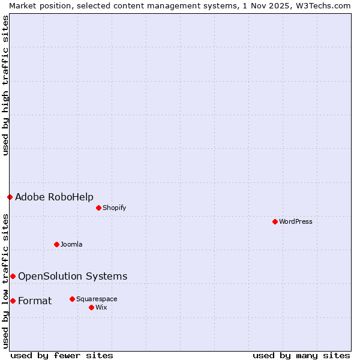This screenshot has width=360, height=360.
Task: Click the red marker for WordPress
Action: point(275,221)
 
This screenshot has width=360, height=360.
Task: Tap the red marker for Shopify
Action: point(98,208)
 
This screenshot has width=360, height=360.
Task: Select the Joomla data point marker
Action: point(56,244)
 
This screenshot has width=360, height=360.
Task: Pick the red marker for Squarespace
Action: point(72,299)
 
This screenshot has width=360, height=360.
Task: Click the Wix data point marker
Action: point(91,307)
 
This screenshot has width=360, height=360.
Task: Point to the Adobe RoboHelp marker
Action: point(10,197)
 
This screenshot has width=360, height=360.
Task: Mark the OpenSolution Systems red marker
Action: point(13,276)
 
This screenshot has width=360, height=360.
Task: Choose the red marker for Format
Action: point(13,301)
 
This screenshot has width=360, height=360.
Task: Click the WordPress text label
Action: point(296,221)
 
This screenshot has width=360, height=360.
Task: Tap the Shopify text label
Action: point(114,208)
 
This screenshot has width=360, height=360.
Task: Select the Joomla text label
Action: point(71,244)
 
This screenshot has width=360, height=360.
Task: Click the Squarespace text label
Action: point(97,299)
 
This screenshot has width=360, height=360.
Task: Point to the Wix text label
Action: point(101,307)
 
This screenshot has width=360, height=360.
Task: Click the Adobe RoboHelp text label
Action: point(54,197)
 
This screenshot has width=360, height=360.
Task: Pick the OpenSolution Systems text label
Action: point(73,276)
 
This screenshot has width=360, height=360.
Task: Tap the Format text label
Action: point(35,301)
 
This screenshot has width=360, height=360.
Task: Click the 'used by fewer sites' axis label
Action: point(62,355)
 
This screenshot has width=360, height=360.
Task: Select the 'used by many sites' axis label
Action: point(301,355)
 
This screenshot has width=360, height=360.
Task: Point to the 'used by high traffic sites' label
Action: point(5,85)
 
